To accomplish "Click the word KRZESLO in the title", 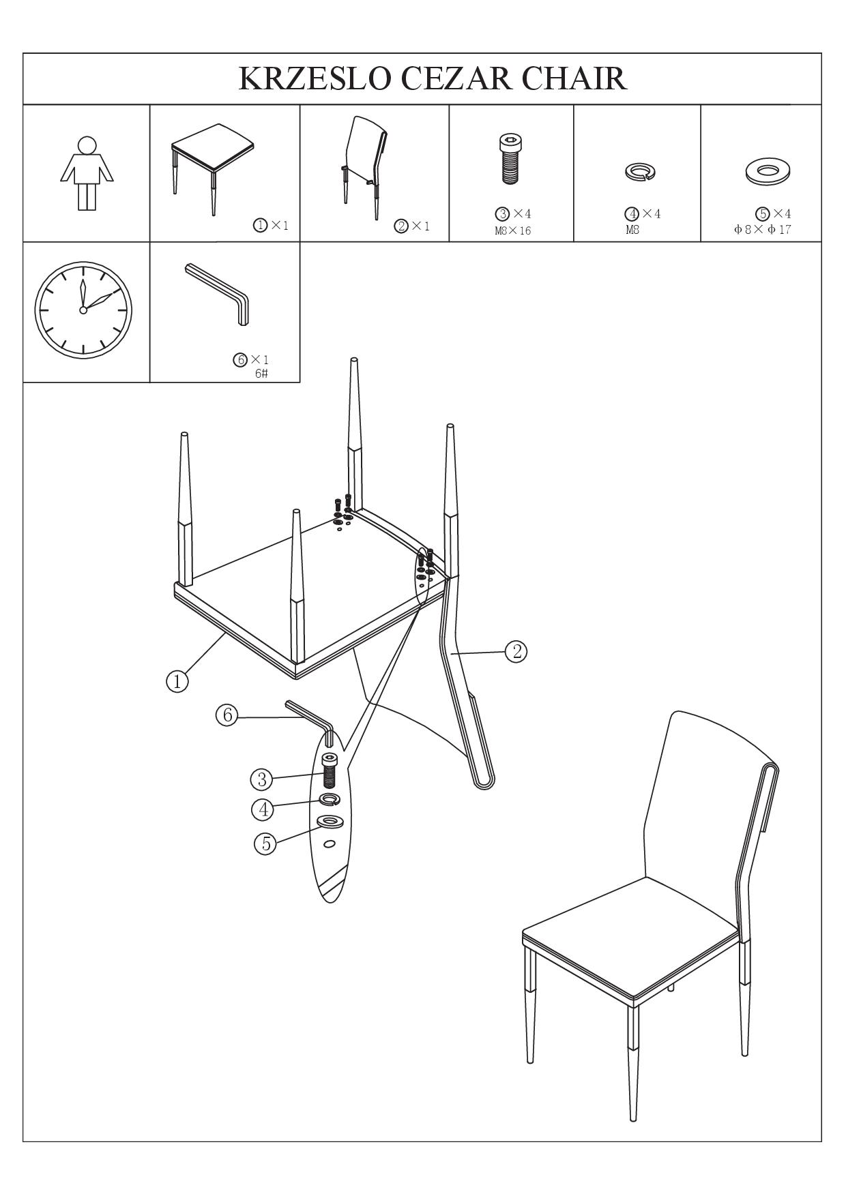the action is click(x=315, y=78).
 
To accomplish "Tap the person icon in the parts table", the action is click(x=87, y=173).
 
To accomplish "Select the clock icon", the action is click(x=83, y=309).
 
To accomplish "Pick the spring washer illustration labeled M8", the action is click(x=640, y=171).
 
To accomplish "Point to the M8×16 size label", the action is click(x=513, y=230).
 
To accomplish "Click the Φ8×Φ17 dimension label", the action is click(x=763, y=230).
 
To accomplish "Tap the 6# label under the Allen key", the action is click(x=261, y=374).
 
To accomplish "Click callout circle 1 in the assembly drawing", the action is click(x=177, y=681).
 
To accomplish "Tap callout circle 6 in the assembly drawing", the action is click(x=227, y=715).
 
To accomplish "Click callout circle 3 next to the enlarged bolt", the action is click(x=261, y=779).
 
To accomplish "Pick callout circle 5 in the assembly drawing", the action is click(x=265, y=843).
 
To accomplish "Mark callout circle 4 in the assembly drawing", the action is click(x=263, y=809).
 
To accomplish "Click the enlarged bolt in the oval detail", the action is click(x=330, y=771).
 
